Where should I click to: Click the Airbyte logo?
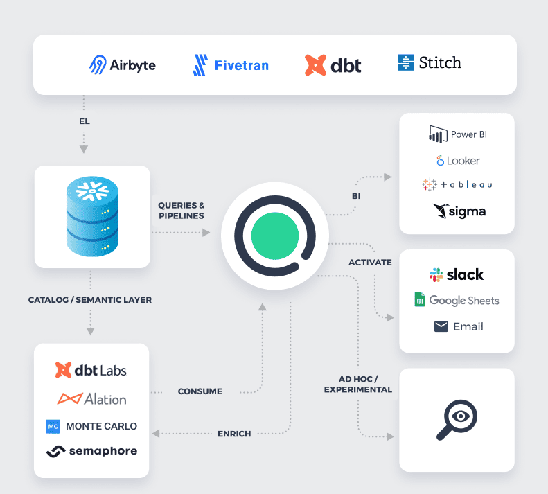click(x=123, y=65)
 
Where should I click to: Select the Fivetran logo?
click(x=230, y=66)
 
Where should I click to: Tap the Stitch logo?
click(x=429, y=63)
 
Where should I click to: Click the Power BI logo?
click(x=457, y=134)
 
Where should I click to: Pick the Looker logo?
click(x=457, y=161)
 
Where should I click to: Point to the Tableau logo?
click(x=457, y=185)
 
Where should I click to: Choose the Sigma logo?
click(x=459, y=211)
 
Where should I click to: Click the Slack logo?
click(x=457, y=275)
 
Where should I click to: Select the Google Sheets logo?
click(x=457, y=300)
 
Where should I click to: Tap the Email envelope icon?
click(x=441, y=326)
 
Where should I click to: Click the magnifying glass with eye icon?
click(x=457, y=418)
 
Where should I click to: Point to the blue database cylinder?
click(x=92, y=216)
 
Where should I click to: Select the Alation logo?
click(x=92, y=399)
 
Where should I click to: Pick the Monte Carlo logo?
click(x=92, y=426)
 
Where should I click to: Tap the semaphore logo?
click(x=92, y=451)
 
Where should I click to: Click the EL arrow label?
click(x=84, y=121)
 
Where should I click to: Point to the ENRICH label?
click(x=233, y=434)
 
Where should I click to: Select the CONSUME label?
click(x=200, y=391)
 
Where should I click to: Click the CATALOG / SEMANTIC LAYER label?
click(x=90, y=300)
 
